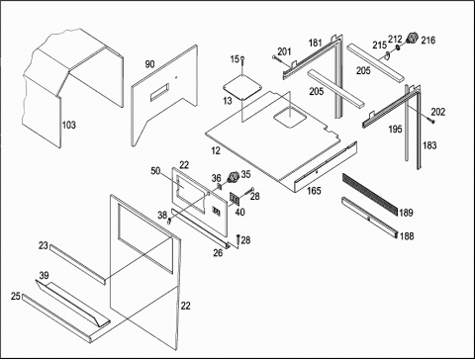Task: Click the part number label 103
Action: (x=69, y=125)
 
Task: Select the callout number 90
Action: (x=149, y=64)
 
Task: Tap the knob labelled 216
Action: (x=412, y=39)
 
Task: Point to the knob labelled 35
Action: (x=234, y=177)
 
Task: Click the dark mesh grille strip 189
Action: (x=370, y=194)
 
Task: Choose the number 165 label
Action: (x=314, y=191)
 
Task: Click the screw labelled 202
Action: (x=429, y=121)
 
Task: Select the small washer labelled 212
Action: (x=398, y=47)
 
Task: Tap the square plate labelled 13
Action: (x=242, y=86)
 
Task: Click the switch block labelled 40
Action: (x=235, y=199)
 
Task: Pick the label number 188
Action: (x=407, y=236)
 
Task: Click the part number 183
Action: (x=429, y=145)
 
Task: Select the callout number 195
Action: (x=395, y=129)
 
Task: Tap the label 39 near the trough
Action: (x=44, y=275)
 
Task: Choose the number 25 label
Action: (x=16, y=297)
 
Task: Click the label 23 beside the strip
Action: (x=44, y=246)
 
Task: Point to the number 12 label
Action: (x=216, y=150)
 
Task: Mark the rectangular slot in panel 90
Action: (x=160, y=92)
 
